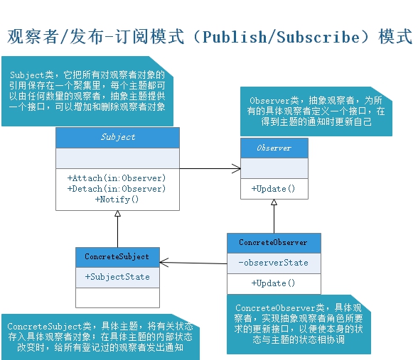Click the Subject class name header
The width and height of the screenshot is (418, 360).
(x=117, y=137)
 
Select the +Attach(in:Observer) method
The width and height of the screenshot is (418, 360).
(x=117, y=178)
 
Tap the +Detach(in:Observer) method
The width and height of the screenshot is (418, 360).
(x=117, y=189)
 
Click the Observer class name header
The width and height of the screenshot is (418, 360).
(x=274, y=148)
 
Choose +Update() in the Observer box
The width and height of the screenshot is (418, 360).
(x=274, y=190)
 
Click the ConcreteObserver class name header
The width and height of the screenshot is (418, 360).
(x=274, y=243)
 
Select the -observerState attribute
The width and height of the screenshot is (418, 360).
(x=274, y=263)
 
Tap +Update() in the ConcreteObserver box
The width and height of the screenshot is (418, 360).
(x=274, y=283)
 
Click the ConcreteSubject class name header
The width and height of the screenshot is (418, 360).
(x=117, y=256)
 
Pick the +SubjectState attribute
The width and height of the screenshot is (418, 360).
(x=117, y=277)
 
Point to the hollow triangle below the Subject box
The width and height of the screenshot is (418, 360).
(x=118, y=214)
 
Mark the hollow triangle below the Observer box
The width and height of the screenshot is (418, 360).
(x=274, y=203)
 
